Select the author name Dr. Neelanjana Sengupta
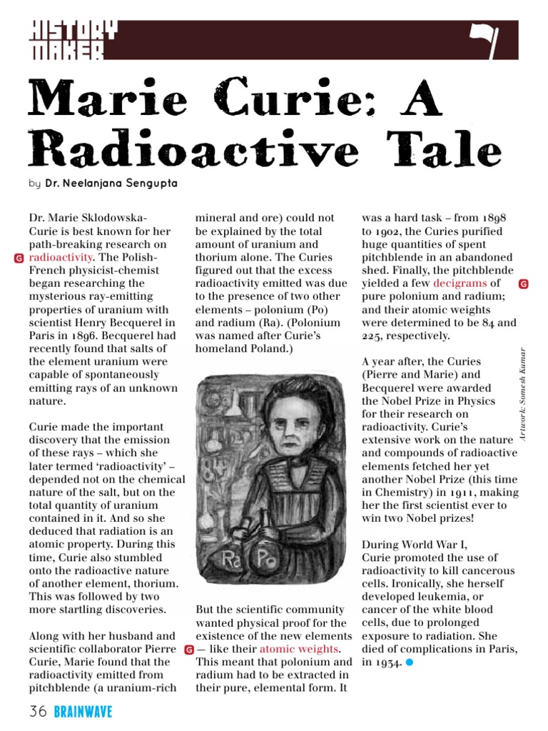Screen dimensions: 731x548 tap(111, 183)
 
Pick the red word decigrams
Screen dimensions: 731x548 tap(459, 283)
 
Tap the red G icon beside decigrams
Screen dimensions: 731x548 tap(523, 284)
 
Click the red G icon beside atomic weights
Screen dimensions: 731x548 tap(188, 650)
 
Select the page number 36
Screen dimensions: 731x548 tap(39, 711)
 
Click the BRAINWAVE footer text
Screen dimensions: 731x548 tap(83, 711)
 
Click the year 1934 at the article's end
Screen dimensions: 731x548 tap(387, 662)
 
